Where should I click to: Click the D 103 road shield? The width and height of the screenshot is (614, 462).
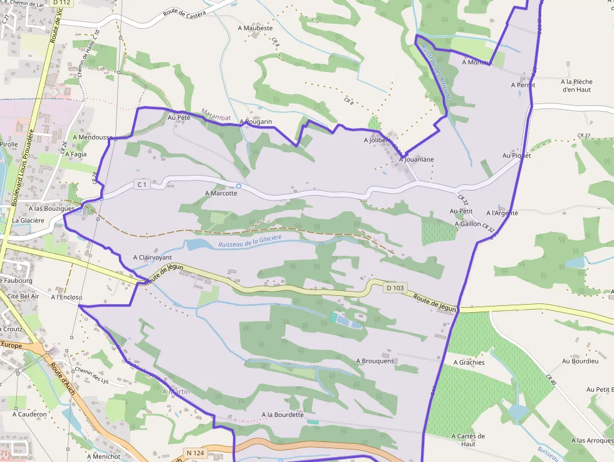(395, 288)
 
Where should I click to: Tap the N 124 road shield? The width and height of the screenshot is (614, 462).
(195, 453)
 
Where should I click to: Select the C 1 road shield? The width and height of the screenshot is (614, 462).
(142, 184)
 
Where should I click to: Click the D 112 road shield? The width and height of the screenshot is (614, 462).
(61, 3)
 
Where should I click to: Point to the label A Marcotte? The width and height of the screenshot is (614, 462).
(221, 193)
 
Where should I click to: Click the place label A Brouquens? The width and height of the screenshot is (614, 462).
(375, 361)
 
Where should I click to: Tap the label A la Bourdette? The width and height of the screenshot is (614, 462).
(282, 414)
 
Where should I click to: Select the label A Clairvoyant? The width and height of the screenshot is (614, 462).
(152, 258)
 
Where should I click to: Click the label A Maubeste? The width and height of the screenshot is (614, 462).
(255, 28)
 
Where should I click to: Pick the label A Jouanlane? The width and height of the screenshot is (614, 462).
(417, 159)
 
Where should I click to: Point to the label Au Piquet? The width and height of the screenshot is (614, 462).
(516, 155)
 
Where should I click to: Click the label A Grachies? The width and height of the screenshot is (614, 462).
(468, 362)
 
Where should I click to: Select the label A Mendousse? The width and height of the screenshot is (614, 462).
(93, 137)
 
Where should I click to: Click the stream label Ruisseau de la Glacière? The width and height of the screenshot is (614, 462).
(250, 241)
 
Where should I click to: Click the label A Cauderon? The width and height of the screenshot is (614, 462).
(29, 414)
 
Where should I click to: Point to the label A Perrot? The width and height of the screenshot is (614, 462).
(523, 85)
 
